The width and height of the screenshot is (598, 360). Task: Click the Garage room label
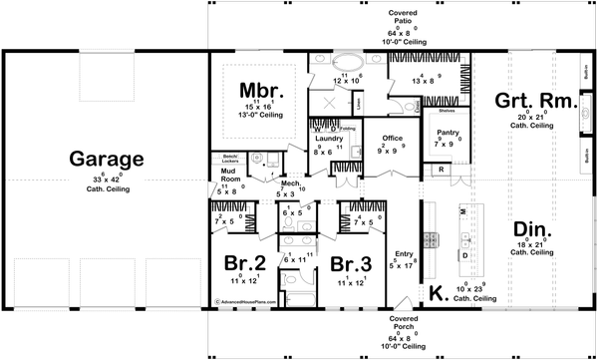[x=106, y=160]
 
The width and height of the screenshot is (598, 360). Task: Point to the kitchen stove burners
[x=432, y=239]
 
